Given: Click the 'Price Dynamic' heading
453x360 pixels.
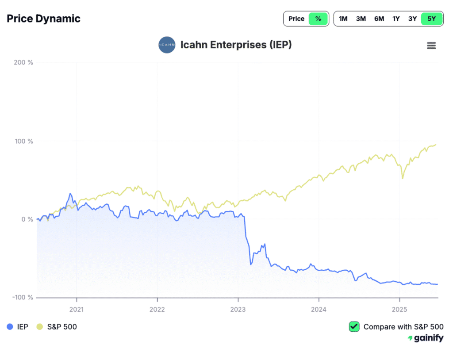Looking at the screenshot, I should pyautogui.click(x=43, y=19).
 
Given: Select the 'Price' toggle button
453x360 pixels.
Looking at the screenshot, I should pyautogui.click(x=296, y=19).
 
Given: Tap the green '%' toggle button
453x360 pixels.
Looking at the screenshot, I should pyautogui.click(x=318, y=19).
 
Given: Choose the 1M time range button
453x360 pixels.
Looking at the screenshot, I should pyautogui.click(x=343, y=19).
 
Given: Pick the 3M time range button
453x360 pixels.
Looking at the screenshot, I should pyautogui.click(x=361, y=19).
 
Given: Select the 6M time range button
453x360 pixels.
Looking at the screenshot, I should pyautogui.click(x=379, y=19).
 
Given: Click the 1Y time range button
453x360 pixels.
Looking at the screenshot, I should pyautogui.click(x=396, y=19).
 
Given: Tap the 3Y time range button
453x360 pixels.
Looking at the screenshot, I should pyautogui.click(x=413, y=19).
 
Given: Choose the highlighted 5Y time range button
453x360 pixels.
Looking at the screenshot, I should pyautogui.click(x=431, y=19).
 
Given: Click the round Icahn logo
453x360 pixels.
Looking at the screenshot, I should pyautogui.click(x=167, y=45).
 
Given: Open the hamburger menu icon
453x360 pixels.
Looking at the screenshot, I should pyautogui.click(x=431, y=46).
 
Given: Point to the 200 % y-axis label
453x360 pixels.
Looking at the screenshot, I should pyautogui.click(x=23, y=62).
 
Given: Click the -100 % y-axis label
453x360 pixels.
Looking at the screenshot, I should pyautogui.click(x=22, y=297).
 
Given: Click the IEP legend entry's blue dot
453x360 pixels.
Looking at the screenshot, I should pyautogui.click(x=10, y=327).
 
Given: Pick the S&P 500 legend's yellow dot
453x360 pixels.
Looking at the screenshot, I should pyautogui.click(x=39, y=327).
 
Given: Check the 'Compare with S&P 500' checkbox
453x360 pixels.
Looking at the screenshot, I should pyautogui.click(x=354, y=327).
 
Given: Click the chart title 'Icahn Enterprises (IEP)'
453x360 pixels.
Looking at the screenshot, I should pyautogui.click(x=236, y=45).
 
